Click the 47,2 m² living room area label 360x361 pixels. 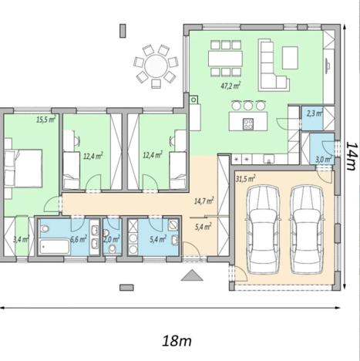tap(230, 86)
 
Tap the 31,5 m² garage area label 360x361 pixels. tap(244, 178)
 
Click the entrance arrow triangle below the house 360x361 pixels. tap(190, 275)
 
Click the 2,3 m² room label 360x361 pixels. tap(314, 113)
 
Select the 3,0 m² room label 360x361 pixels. tap(322, 160)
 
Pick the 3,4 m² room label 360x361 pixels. tap(20, 239)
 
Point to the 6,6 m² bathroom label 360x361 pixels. tap(78, 239)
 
